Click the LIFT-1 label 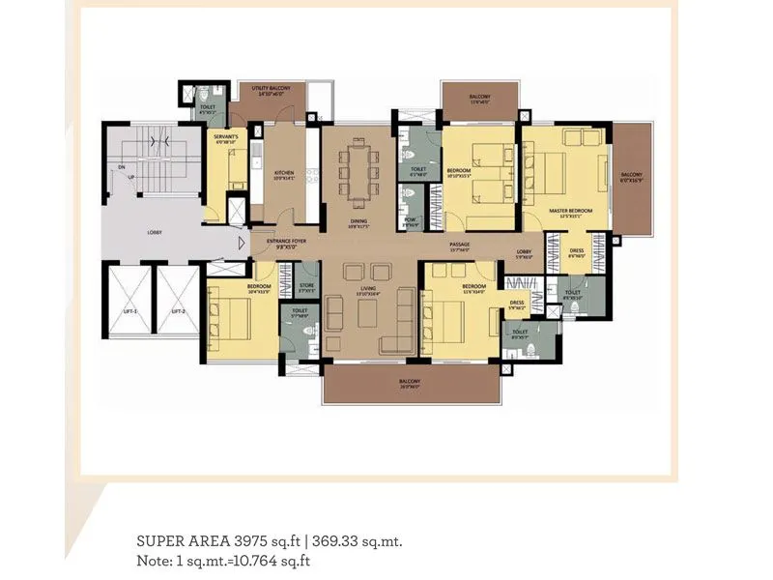coord(129,311)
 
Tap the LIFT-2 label coord(177,311)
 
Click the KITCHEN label coord(284,175)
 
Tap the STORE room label coord(307,286)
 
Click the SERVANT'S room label coord(226,138)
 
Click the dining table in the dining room coord(358,171)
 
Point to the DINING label coord(358,221)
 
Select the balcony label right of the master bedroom coord(631,177)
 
